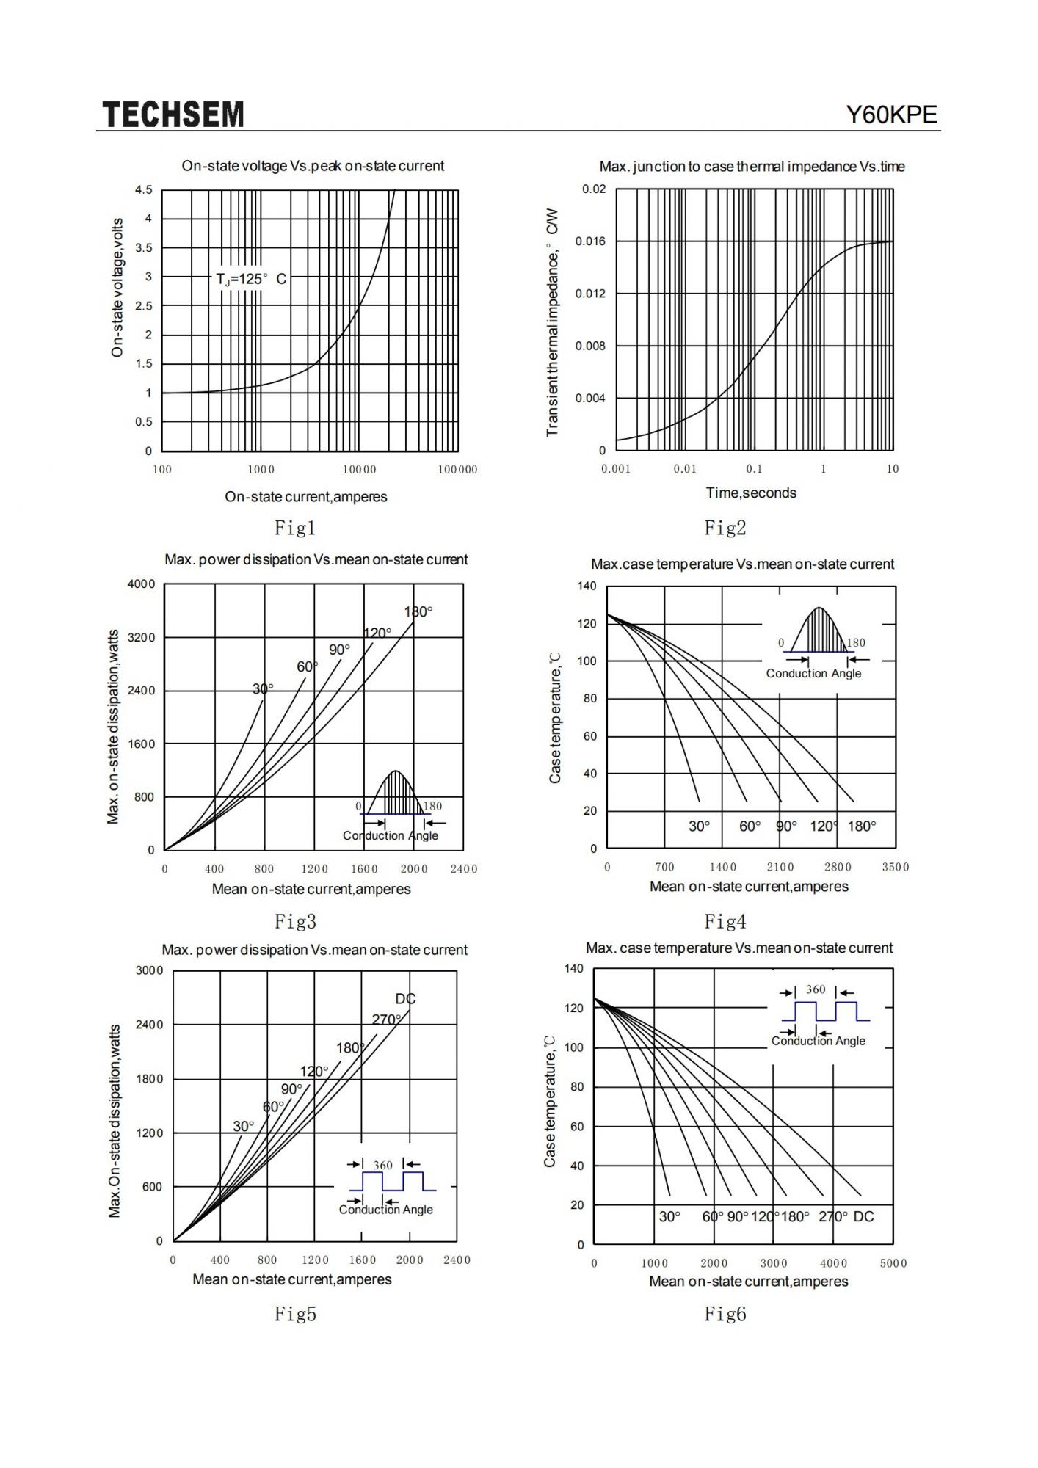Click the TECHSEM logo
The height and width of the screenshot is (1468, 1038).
tap(173, 115)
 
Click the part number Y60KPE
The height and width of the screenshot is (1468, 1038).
tap(892, 115)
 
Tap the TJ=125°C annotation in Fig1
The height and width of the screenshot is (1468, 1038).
tap(252, 279)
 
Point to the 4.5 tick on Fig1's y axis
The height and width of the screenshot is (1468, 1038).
tap(144, 190)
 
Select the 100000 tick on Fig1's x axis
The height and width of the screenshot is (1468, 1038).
tap(457, 470)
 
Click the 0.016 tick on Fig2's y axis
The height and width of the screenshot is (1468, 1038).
tap(591, 241)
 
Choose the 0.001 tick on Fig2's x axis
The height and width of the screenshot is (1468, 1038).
tap(616, 469)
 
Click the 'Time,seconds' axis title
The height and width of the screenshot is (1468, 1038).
tap(751, 493)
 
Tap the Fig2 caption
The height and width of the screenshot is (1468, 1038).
tap(725, 527)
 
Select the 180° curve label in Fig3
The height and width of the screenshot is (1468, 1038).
tap(418, 612)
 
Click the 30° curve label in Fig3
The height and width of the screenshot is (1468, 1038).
tap(263, 688)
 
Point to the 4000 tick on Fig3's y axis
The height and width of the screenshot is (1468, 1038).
tap(142, 584)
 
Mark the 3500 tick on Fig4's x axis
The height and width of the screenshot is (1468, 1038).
tap(896, 867)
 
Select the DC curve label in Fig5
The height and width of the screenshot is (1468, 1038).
tap(405, 999)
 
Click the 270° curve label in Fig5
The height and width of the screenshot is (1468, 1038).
tap(387, 1020)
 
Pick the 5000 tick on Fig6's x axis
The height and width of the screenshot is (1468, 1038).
tap(893, 1263)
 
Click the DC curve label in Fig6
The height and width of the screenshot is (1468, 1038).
tap(864, 1217)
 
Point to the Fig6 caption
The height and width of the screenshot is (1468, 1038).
tap(725, 1314)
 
